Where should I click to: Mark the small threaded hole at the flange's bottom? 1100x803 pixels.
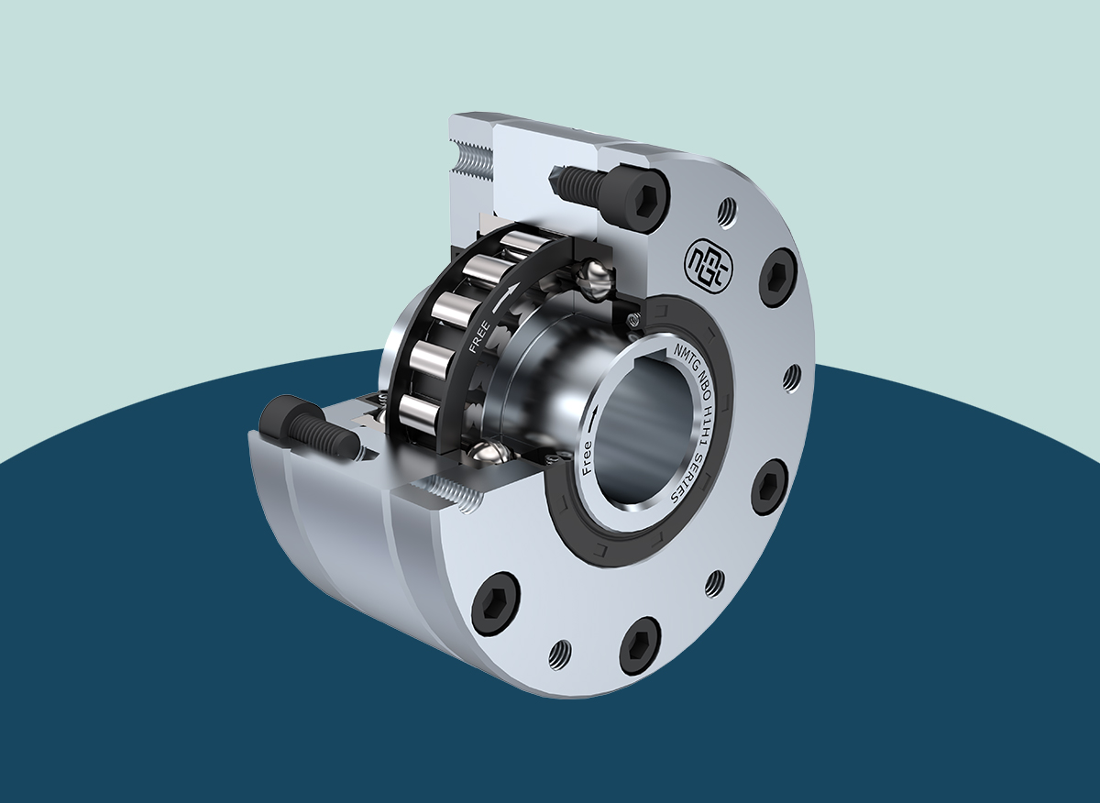click(x=559, y=653)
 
